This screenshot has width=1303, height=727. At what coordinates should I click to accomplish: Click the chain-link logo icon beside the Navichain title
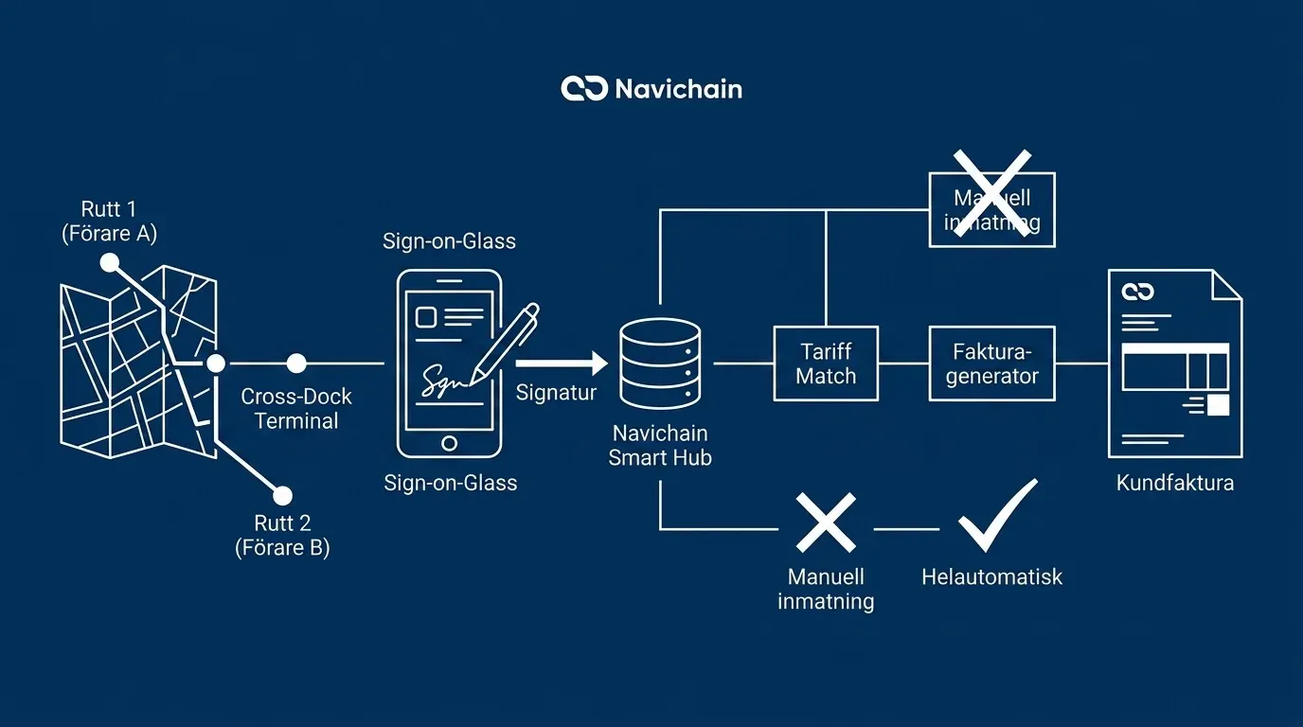pyautogui.click(x=584, y=89)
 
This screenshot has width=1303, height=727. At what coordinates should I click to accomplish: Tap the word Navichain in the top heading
pyautogui.click(x=678, y=90)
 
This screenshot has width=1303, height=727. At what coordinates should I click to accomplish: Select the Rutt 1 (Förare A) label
pyautogui.click(x=109, y=222)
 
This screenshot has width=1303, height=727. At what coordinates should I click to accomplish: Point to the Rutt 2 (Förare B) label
pyautogui.click(x=282, y=535)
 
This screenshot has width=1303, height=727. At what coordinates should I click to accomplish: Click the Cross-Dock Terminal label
pyautogui.click(x=296, y=409)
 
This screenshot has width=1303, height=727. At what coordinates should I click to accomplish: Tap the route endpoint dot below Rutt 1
pyautogui.click(x=110, y=262)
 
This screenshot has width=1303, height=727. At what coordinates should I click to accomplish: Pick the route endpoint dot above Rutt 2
pyautogui.click(x=281, y=495)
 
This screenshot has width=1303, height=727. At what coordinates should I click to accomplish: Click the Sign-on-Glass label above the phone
pyautogui.click(x=449, y=241)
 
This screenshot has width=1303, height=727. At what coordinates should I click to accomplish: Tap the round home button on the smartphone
pyautogui.click(x=449, y=442)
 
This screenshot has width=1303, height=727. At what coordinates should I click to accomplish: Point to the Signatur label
pyautogui.click(x=556, y=392)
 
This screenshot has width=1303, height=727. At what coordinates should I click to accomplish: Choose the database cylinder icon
pyautogui.click(x=660, y=363)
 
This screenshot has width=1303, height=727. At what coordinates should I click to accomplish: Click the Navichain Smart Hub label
pyautogui.click(x=660, y=446)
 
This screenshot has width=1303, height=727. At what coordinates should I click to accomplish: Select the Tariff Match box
pyautogui.click(x=826, y=363)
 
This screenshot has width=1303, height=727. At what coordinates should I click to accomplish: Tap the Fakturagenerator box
pyautogui.click(x=991, y=363)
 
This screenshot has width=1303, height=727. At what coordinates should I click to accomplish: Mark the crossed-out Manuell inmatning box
pyautogui.click(x=991, y=209)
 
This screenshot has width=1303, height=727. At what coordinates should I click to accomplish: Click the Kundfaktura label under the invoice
pyautogui.click(x=1174, y=483)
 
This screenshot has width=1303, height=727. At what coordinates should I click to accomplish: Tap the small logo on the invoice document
pyautogui.click(x=1137, y=292)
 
